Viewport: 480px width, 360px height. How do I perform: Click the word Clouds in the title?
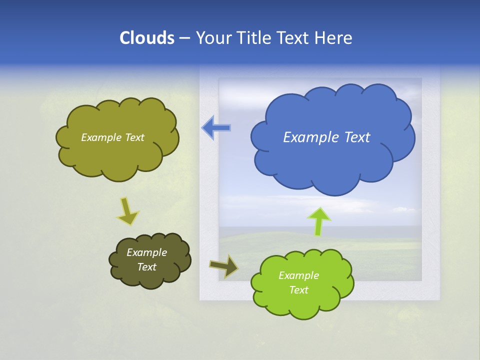pos(147,38)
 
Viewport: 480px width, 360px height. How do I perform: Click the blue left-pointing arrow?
pos(216,127)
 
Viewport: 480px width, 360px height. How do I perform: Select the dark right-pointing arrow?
pos(224,266)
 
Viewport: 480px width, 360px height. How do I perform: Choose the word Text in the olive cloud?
pos(134,137)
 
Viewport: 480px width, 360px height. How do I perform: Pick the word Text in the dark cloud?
pos(146,267)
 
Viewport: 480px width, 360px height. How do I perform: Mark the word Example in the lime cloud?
pos(298,275)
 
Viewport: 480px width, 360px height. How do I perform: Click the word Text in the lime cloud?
pos(298,290)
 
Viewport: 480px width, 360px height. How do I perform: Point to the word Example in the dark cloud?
pos(146,252)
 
